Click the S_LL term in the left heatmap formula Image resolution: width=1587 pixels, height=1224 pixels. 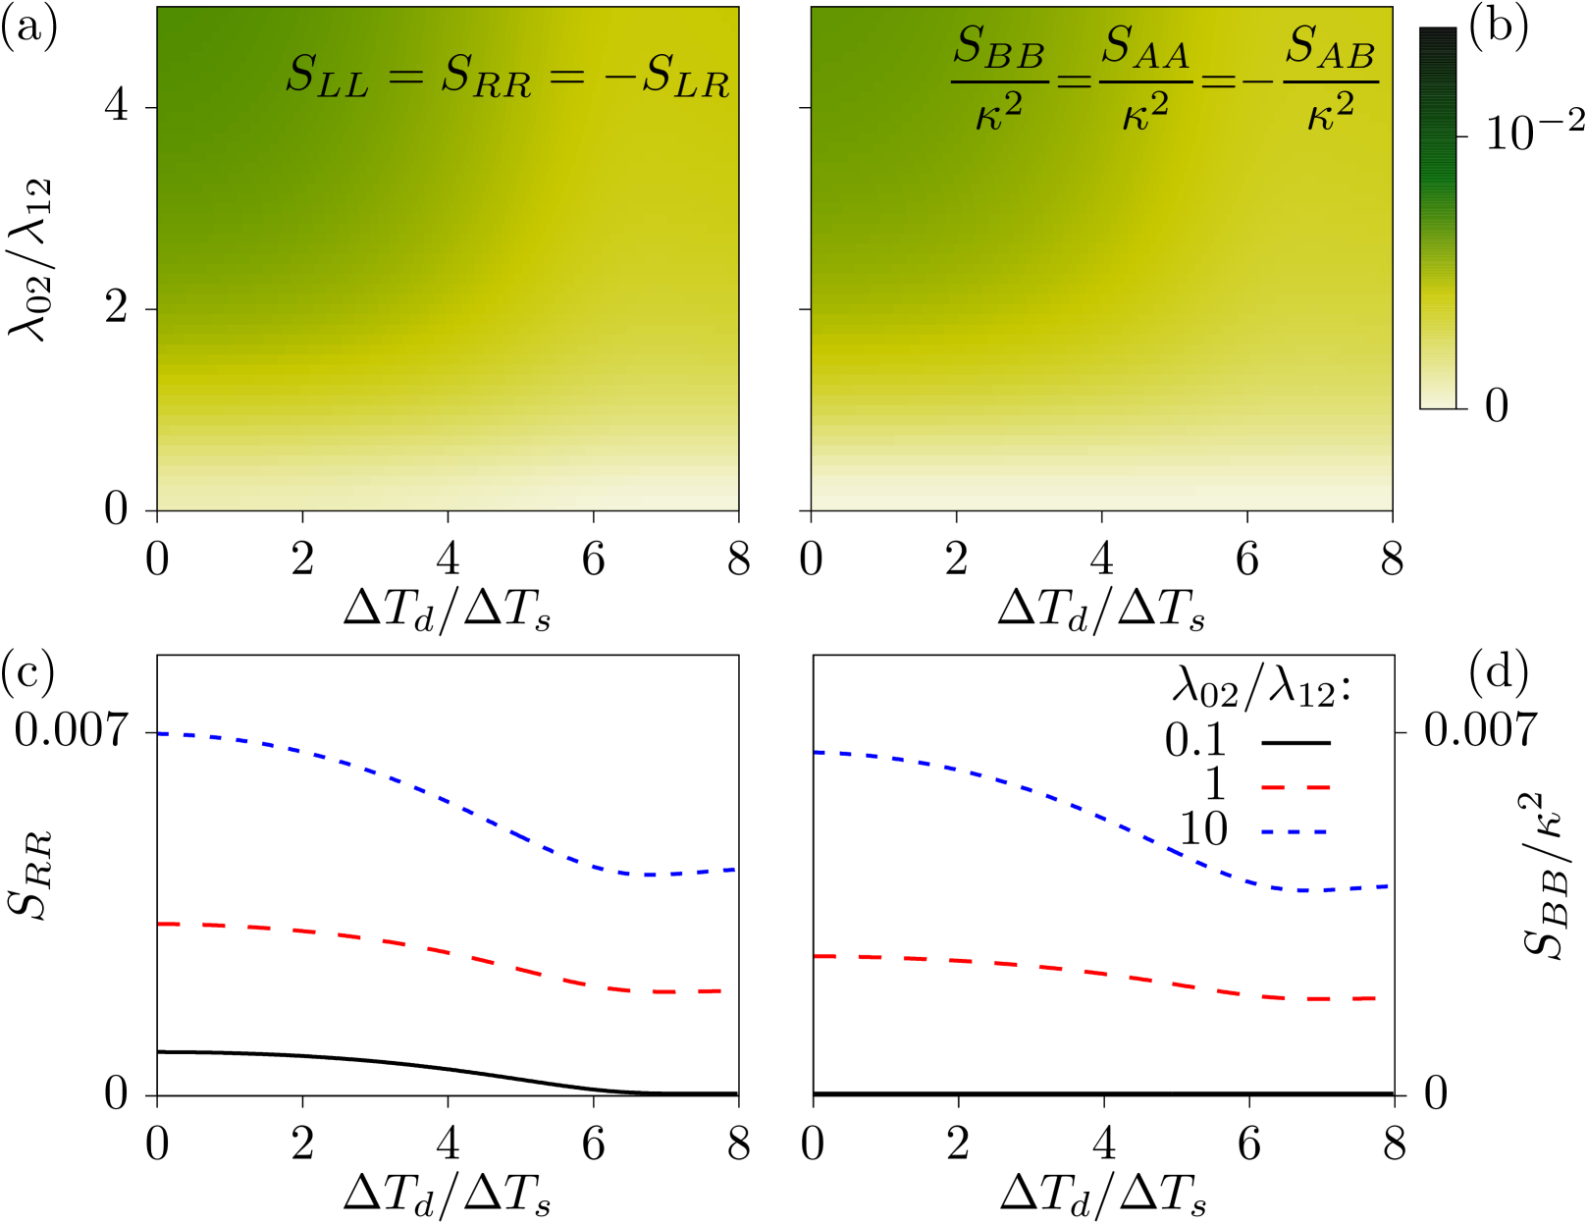[x=327, y=76]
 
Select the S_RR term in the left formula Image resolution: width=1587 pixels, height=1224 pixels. [x=486, y=76]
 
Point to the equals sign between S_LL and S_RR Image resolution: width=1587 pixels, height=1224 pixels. [x=405, y=75]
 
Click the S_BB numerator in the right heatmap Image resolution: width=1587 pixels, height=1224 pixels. [x=998, y=48]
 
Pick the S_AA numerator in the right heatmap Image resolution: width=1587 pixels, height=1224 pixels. [x=1144, y=48]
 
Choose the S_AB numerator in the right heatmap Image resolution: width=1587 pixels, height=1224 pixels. [x=1330, y=48]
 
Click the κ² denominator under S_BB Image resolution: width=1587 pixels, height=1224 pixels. [x=998, y=111]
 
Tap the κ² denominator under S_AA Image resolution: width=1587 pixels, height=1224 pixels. [x=1144, y=111]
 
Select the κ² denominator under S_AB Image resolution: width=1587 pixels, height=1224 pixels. [x=1330, y=111]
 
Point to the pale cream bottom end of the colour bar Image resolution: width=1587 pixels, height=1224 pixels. [x=1438, y=398]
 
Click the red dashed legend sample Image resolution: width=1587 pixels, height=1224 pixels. [x=1296, y=787]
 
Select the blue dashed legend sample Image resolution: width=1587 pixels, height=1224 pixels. [x=1296, y=831]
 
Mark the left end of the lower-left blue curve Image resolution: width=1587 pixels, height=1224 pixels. [x=161, y=733]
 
